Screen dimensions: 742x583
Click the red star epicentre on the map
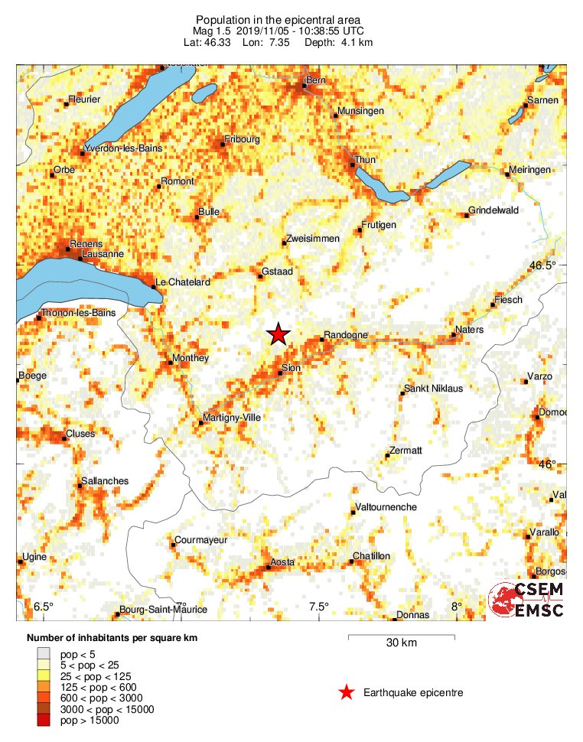278,334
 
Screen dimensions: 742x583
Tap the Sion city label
291,369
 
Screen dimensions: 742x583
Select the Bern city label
315,80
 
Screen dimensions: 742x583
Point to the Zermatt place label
405,451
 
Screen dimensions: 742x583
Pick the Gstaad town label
276,272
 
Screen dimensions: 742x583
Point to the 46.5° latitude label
543,265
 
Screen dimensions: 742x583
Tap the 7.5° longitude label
318,607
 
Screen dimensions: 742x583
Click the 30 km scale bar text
400,643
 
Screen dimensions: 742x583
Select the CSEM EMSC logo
527,599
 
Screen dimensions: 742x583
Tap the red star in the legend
347,693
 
